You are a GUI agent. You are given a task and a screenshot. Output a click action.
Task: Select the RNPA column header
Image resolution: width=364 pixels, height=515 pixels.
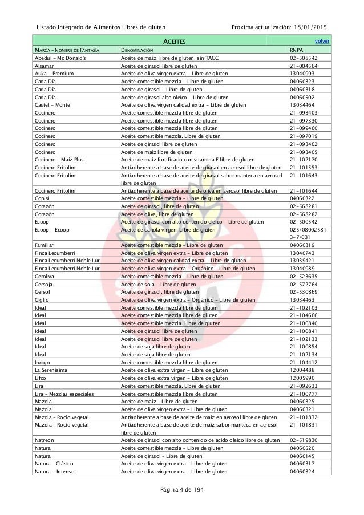coord(296,50)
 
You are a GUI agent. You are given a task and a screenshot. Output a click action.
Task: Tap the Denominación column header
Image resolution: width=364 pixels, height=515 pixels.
coord(136,50)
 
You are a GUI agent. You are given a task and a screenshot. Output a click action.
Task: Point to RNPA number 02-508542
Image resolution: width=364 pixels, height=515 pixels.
coord(304,58)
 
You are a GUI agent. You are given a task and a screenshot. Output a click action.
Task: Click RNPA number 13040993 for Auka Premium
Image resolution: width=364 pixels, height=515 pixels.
coord(301,74)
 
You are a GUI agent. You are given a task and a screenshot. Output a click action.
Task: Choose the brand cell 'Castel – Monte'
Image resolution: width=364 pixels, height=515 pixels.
coord(52,105)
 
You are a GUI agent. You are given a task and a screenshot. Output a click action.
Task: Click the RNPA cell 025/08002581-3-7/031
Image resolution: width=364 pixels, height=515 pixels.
coord(309,233)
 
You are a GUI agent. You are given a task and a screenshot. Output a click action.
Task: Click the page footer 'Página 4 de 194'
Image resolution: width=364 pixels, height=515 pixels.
coord(181,490)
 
